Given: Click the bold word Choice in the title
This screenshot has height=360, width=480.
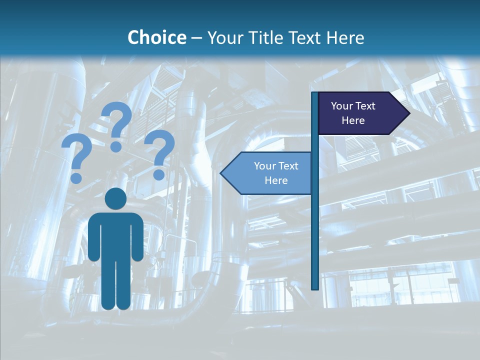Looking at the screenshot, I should pos(156,37).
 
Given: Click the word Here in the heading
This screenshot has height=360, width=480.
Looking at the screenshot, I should pos(345,37).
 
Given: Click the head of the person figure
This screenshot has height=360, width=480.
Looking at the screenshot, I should pos(115,199).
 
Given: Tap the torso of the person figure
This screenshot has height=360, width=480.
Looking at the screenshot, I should pos(115,235).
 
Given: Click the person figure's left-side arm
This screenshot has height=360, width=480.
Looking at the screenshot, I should pos(94,237).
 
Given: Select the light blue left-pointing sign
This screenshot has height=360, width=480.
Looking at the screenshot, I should pos(267,173).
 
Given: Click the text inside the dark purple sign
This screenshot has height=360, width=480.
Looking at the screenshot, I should pos(353,113).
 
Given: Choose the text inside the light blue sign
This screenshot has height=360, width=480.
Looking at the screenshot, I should pos(276,173).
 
